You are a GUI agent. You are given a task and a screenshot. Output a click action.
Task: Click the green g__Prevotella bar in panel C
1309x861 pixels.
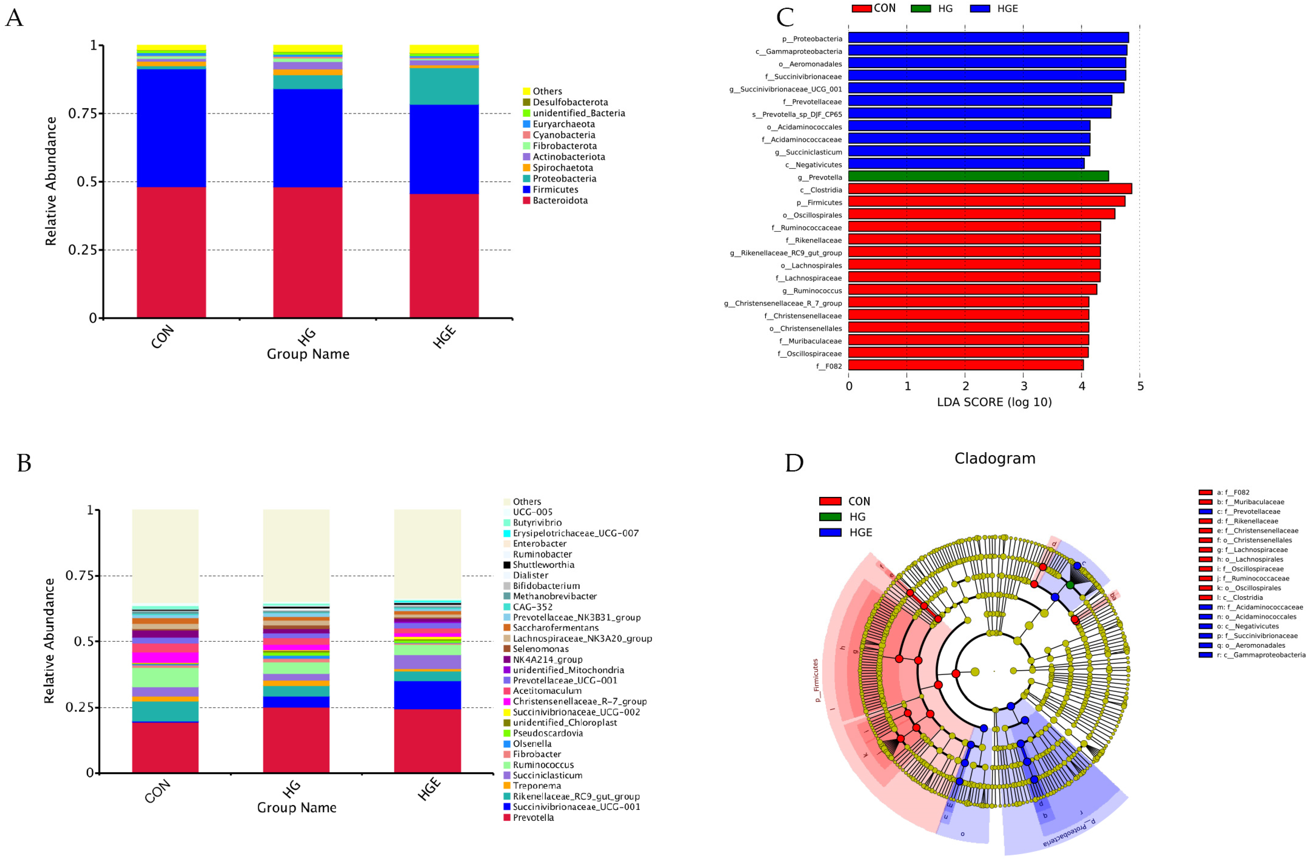tap(978, 176)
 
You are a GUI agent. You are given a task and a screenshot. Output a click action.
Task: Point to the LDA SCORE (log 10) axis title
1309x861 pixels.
tap(994, 402)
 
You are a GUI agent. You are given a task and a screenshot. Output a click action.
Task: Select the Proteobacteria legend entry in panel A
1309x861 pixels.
tap(564, 179)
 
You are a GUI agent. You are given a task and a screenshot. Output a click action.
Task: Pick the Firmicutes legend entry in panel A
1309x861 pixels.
tap(555, 190)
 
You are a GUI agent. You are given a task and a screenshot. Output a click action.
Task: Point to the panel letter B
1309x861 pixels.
tap(24, 463)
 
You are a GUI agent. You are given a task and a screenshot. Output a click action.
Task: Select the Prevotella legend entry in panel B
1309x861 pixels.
tap(533, 817)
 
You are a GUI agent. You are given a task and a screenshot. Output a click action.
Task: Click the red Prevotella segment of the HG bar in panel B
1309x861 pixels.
tap(296, 740)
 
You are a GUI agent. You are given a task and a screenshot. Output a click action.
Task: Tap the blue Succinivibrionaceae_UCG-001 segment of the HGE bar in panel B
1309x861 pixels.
tap(427, 695)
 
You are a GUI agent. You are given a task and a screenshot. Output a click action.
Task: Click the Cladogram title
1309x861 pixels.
tap(995, 459)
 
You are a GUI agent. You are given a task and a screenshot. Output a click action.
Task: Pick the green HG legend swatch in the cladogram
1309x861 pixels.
tap(830, 517)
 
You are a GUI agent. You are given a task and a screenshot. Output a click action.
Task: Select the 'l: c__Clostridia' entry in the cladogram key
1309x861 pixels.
tap(1244, 598)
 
